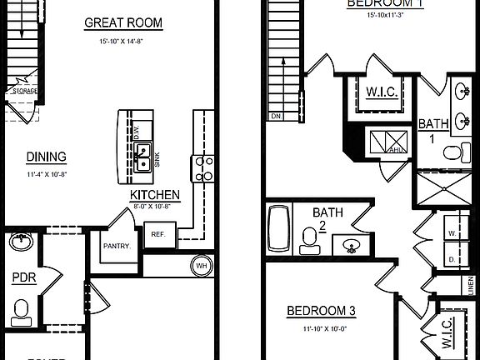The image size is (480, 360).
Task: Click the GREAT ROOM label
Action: point(123,22)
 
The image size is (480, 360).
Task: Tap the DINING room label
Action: point(46,157)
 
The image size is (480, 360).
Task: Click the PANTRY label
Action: point(116,246)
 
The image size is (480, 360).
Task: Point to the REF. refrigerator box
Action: point(158,234)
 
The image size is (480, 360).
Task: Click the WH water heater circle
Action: point(202,266)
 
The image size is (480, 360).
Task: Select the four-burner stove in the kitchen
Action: point(203,168)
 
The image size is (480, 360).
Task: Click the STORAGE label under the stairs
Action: point(26,91)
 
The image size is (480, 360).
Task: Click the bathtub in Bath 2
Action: point(277,229)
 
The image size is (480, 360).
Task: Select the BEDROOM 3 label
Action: point(321,312)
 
